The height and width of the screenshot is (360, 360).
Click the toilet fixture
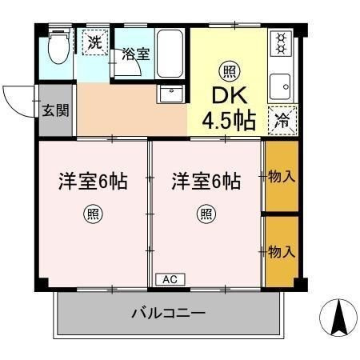point(59,46)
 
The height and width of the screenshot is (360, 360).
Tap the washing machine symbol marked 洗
point(95,42)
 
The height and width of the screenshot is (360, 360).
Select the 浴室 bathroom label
point(136,54)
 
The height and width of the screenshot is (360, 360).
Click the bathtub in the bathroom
point(170,54)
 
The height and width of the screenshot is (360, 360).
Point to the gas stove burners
point(281,42)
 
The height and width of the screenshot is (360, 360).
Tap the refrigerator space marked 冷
point(282,121)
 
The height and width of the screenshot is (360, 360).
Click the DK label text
point(230,95)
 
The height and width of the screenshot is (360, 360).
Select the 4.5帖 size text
point(229,120)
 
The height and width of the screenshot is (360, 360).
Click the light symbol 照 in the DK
point(230,71)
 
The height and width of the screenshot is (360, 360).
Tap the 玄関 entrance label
point(55,110)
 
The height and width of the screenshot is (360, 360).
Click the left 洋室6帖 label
point(93,181)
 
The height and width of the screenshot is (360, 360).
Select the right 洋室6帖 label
point(206,181)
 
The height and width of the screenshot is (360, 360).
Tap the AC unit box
point(170,279)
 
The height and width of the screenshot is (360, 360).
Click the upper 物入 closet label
point(282,176)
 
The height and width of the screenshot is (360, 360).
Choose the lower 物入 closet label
point(282,251)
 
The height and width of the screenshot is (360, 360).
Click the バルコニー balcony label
point(169,313)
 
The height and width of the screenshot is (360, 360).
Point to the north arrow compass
point(338,318)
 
